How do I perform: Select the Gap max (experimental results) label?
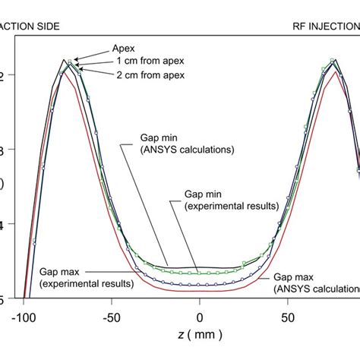pos(87,276)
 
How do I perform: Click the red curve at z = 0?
pos(200,291)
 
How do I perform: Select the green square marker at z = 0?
pos(200,272)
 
